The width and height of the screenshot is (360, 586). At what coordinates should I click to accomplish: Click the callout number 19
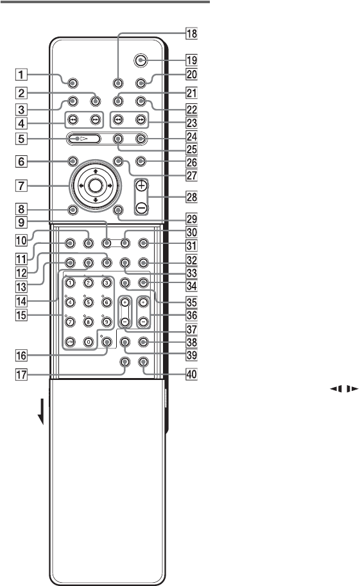(x=192, y=60)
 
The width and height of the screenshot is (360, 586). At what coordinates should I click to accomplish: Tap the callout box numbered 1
(x=21, y=74)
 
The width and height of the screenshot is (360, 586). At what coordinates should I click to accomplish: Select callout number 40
(x=192, y=374)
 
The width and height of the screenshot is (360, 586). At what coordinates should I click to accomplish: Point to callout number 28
(x=192, y=197)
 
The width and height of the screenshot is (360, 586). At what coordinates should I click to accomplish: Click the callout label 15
(x=21, y=315)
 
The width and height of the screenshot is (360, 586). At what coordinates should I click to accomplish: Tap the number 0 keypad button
(x=88, y=341)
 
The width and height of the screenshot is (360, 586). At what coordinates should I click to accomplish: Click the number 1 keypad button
(x=71, y=283)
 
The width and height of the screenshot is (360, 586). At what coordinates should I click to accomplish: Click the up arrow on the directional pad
(x=96, y=171)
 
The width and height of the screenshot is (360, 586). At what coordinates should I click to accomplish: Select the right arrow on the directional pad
(x=110, y=185)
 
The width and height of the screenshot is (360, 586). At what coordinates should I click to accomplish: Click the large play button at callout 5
(x=83, y=139)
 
